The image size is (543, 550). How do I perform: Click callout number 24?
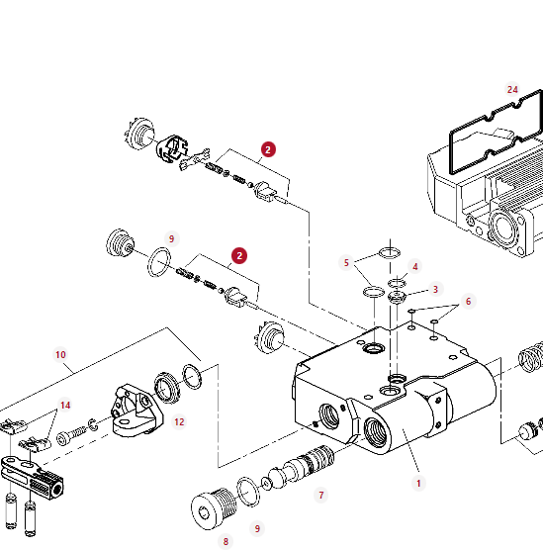[x=512, y=89]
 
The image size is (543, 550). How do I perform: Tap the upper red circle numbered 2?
[x=268, y=149]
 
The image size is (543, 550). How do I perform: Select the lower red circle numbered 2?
[x=239, y=255]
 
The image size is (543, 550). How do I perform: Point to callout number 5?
[x=346, y=263]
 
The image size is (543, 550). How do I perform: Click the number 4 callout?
[x=415, y=266]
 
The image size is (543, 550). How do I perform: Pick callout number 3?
[x=435, y=290]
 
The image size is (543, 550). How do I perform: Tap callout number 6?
[x=468, y=302]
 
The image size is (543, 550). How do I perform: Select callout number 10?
[x=60, y=354]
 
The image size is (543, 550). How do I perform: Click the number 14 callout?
[x=65, y=406]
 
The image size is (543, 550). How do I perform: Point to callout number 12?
[x=179, y=422]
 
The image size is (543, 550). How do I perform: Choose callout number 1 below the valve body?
[x=418, y=484]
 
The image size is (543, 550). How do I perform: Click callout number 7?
[x=321, y=495]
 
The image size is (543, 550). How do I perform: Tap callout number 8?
[x=226, y=541]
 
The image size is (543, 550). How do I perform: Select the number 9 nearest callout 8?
[x=257, y=528]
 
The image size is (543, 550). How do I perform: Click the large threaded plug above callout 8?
[x=213, y=507]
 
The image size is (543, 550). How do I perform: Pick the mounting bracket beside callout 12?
[x=136, y=411]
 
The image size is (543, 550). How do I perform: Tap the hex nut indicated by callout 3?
[x=397, y=298]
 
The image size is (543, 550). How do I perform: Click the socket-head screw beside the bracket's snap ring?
[x=71, y=435]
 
